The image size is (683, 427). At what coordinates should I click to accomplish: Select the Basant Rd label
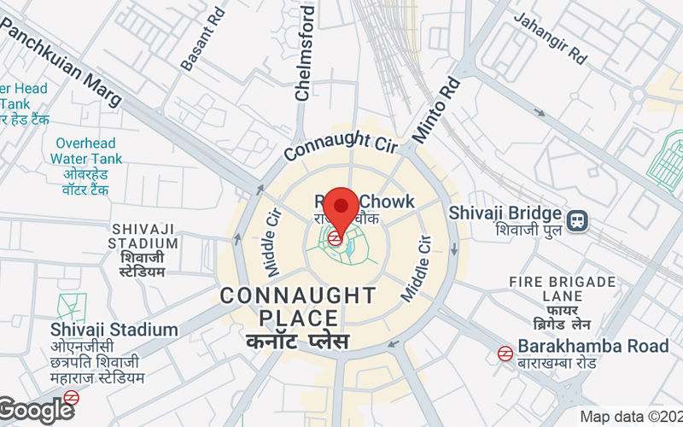coord(203,38)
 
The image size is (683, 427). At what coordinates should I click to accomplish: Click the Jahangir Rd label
coord(551,39)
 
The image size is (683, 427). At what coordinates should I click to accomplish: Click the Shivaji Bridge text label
coord(505,213)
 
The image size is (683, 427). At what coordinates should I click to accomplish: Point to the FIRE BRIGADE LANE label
coord(562,289)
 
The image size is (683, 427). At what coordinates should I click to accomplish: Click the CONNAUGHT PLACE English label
coord(298,307)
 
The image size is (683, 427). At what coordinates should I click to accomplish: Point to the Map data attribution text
coord(630,417)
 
